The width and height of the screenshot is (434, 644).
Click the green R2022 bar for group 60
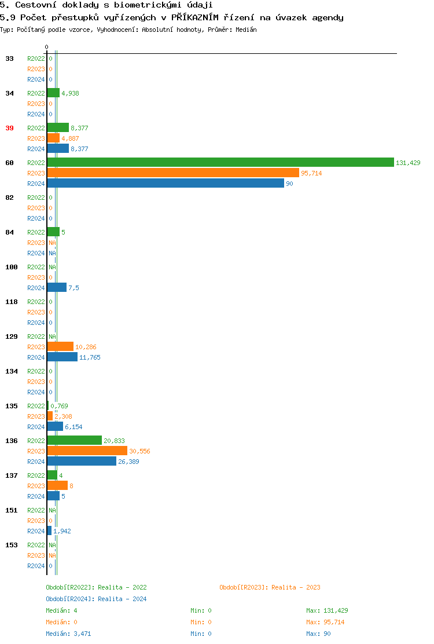(x=220, y=163)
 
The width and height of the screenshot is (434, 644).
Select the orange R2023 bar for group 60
(x=173, y=173)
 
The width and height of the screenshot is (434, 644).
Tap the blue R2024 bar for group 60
(x=165, y=184)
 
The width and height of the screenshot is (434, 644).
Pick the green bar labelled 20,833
(x=74, y=441)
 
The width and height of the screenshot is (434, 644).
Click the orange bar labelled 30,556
(x=87, y=451)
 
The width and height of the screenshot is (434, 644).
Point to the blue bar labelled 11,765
(x=62, y=357)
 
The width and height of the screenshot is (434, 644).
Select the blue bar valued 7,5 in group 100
(x=57, y=288)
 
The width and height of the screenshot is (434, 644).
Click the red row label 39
(x=10, y=128)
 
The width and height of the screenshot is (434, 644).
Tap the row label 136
(x=12, y=441)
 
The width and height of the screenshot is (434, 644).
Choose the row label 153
(x=12, y=545)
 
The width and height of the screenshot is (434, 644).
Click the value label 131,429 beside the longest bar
(x=408, y=163)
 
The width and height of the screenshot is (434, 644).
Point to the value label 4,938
(x=70, y=93)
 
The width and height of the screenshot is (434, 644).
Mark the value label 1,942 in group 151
(x=62, y=531)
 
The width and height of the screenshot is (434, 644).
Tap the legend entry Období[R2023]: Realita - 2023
(x=270, y=587)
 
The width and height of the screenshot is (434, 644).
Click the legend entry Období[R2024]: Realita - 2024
(x=96, y=599)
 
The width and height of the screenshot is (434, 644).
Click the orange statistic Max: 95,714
(x=327, y=622)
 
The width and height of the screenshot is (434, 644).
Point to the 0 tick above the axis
(x=47, y=47)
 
